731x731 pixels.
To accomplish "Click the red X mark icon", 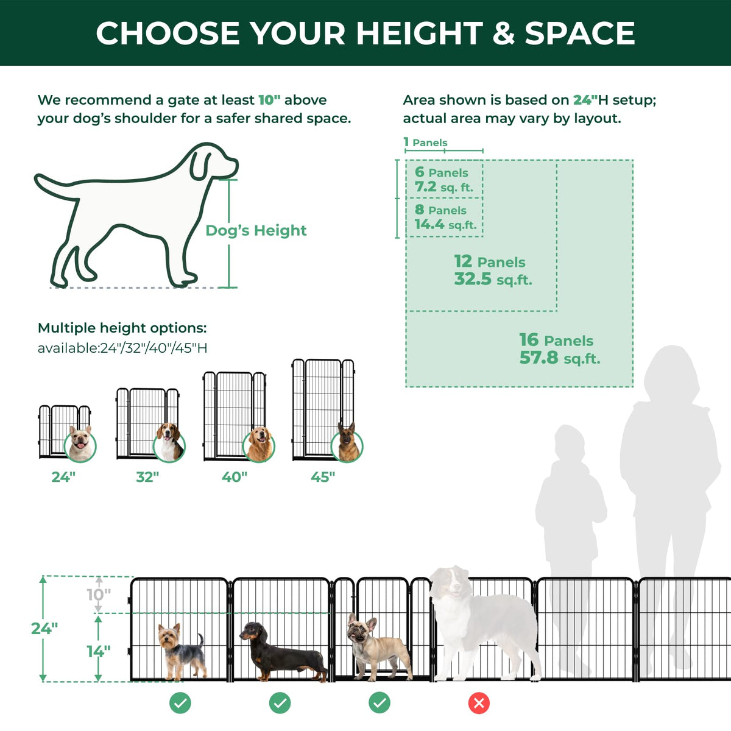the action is point(479,703).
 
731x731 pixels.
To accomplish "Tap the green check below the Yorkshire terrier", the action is point(180,703).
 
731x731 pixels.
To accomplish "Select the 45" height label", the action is point(323,477).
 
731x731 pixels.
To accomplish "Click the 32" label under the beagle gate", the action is point(147,477).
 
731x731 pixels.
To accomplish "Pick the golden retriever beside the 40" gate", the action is point(260,445).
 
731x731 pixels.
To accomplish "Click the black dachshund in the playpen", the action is point(283,652).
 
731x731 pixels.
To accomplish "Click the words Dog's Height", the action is point(256,230).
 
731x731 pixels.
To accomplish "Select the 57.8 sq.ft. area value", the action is point(560,358).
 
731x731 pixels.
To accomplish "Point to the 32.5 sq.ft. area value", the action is point(493,279).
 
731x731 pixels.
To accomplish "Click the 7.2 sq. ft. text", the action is point(444,187).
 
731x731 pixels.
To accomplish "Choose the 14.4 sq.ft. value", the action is point(445,225).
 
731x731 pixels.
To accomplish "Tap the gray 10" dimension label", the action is point(99,595).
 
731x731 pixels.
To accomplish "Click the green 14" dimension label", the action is point(99,651).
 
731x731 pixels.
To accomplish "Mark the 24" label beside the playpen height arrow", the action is point(44,629).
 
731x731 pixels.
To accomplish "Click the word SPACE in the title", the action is point(580,33).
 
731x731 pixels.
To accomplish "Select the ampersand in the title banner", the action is point(503,33).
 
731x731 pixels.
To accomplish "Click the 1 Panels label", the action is point(425,143).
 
